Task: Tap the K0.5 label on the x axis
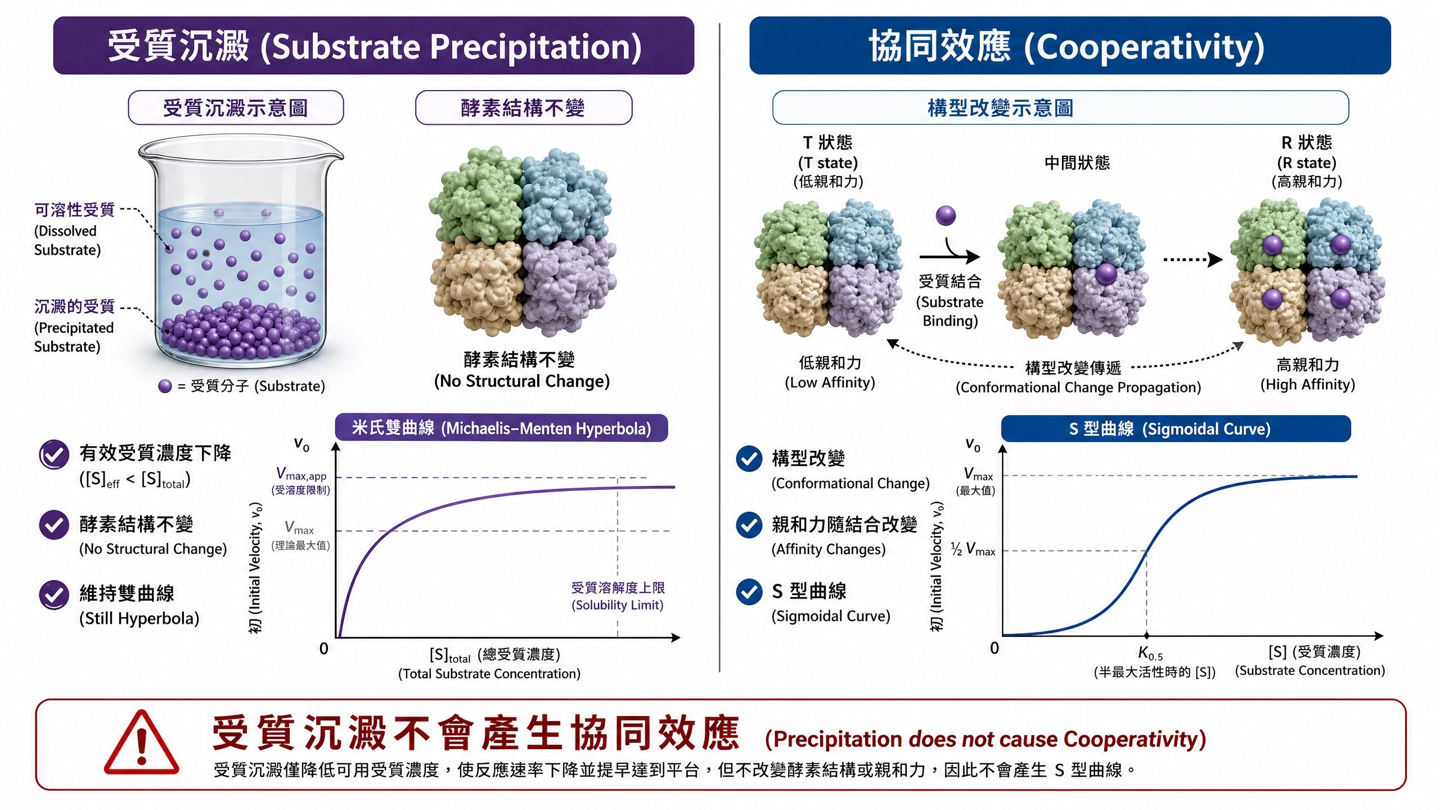(1150, 653)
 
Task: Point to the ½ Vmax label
(973, 550)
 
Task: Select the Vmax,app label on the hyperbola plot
(301, 474)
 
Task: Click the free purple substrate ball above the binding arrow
(946, 215)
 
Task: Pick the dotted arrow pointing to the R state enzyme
(1192, 259)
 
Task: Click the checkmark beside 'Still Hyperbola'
(54, 595)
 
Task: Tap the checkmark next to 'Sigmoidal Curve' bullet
(749, 591)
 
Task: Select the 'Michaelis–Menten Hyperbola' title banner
(501, 428)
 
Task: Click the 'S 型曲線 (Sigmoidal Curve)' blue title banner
(1176, 429)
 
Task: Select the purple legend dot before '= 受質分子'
(165, 386)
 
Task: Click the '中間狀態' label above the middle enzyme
(1077, 163)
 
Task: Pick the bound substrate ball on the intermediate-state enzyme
(1106, 274)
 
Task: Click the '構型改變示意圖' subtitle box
(1060, 107)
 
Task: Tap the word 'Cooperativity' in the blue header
(1144, 47)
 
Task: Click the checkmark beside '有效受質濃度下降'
(54, 454)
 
